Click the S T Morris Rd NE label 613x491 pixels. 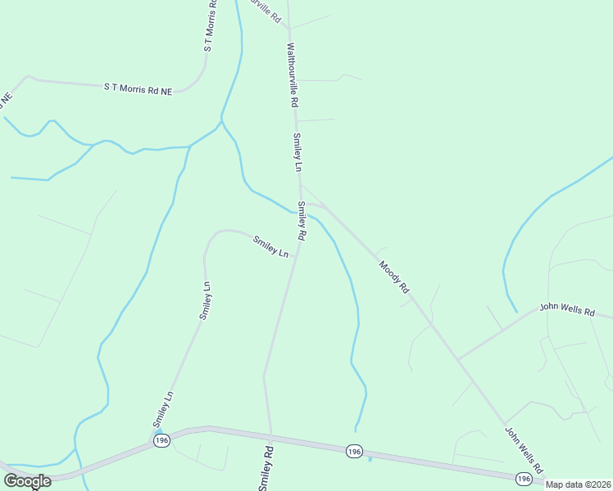click(138, 88)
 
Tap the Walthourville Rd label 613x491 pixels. click(291, 77)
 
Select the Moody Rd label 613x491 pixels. click(393, 277)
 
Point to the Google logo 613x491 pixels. click(26, 481)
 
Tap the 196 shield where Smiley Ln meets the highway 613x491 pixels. click(161, 440)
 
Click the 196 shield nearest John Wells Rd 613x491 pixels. click(524, 478)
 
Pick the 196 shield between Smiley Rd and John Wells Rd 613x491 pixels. click(353, 451)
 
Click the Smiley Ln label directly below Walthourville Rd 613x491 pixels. click(298, 152)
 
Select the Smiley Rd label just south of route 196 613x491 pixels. click(266, 468)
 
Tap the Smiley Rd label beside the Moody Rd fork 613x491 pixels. click(302, 221)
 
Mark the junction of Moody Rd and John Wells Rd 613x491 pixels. click(457, 359)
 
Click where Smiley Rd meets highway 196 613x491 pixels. click(270, 434)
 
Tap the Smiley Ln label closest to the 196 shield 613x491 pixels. click(163, 408)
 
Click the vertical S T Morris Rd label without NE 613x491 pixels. click(210, 26)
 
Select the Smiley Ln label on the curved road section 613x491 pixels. click(270, 247)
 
